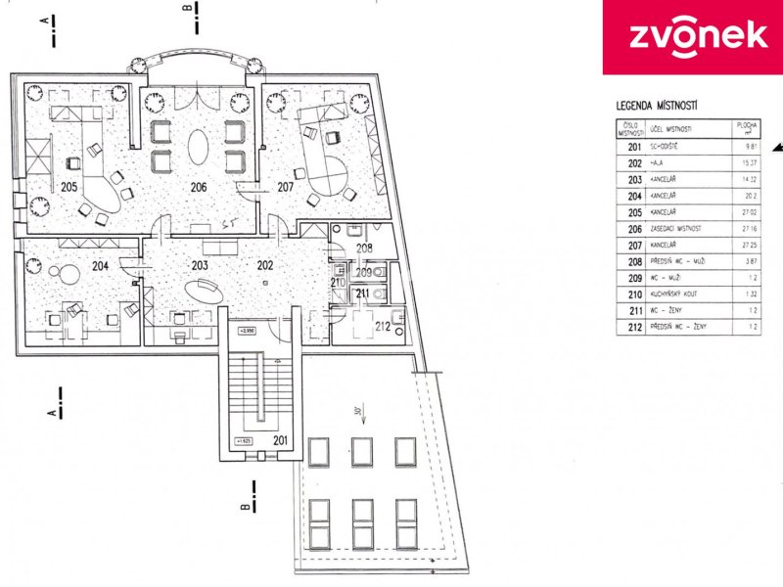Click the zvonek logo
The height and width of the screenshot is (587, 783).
(691, 36)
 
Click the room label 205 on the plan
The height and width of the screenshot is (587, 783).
(69, 186)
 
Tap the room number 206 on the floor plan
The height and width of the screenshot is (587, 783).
(199, 186)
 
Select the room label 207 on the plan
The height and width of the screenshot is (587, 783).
(286, 186)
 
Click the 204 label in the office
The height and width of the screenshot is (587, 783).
(100, 265)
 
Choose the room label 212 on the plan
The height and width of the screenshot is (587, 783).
(385, 328)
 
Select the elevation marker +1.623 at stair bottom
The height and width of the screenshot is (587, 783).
(244, 442)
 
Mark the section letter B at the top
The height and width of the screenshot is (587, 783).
(186, 8)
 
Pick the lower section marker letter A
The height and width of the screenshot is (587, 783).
(51, 414)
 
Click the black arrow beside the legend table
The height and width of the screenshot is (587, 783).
(777, 147)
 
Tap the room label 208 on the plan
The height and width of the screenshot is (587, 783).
(363, 248)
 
